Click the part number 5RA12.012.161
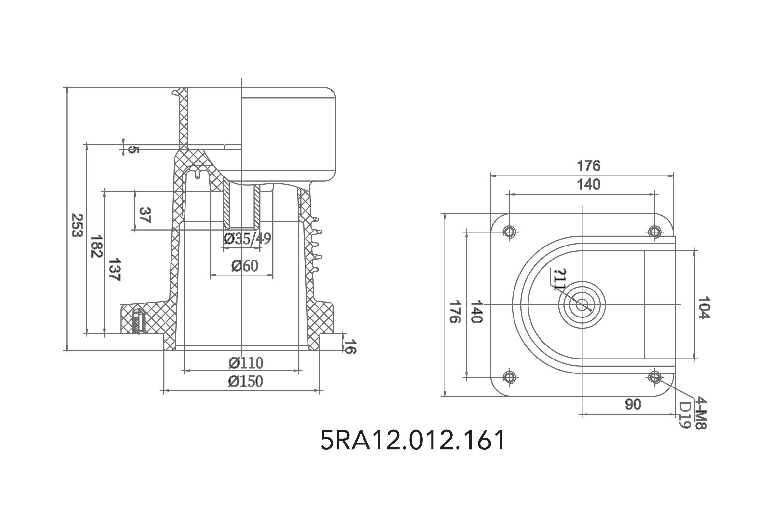(x=412, y=440)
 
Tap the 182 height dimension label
(x=97, y=246)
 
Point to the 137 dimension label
(x=115, y=270)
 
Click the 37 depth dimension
(x=145, y=215)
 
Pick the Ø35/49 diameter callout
(x=247, y=239)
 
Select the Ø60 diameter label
(x=245, y=266)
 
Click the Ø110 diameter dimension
(x=246, y=363)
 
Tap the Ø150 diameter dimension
(x=245, y=381)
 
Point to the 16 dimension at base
(x=349, y=346)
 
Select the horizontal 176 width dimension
(x=588, y=166)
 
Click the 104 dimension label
(x=704, y=308)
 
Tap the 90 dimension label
(x=633, y=404)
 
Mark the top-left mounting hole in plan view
(x=509, y=232)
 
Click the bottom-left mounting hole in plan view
(x=509, y=377)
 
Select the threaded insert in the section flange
(x=139, y=322)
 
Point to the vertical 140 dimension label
(x=476, y=311)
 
